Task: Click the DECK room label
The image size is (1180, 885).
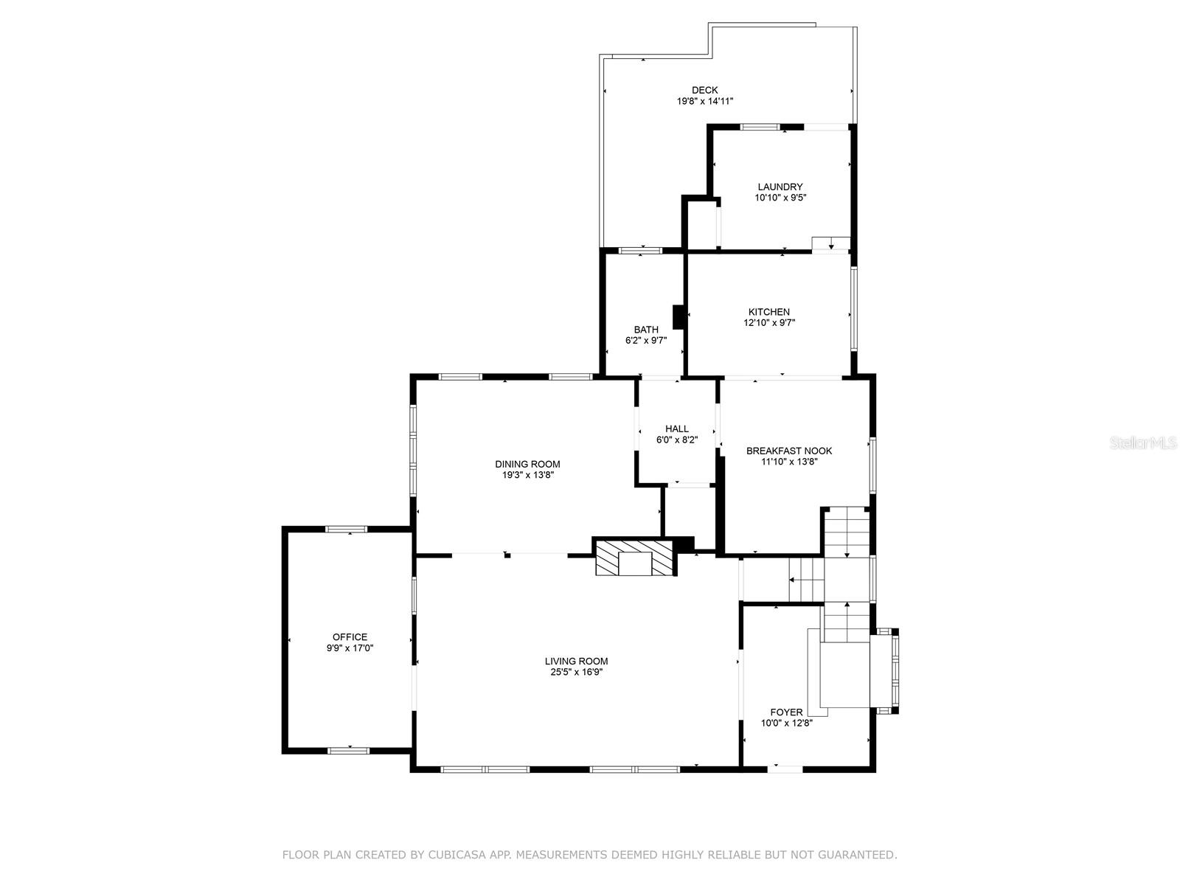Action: click(704, 90)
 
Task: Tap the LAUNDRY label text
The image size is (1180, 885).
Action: click(780, 187)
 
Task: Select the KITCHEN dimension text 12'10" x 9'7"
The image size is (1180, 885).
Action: click(769, 323)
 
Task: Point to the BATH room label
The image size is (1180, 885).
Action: click(646, 330)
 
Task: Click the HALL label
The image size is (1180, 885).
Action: click(677, 428)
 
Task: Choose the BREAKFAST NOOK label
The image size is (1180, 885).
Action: click(789, 451)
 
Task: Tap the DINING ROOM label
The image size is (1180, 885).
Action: click(527, 465)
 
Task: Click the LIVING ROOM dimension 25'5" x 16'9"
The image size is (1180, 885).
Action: click(576, 672)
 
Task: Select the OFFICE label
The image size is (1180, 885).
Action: click(350, 637)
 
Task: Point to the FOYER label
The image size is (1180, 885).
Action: click(786, 712)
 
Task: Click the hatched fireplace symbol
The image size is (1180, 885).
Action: click(634, 558)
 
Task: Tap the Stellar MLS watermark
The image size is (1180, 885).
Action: click(1143, 442)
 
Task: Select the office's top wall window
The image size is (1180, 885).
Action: click(347, 530)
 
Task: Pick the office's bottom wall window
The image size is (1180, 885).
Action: click(348, 751)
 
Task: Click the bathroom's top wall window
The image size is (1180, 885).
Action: click(640, 251)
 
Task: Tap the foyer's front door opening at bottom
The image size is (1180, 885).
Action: click(785, 769)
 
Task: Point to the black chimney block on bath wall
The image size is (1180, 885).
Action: click(678, 317)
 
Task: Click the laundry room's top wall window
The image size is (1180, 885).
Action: click(760, 128)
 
